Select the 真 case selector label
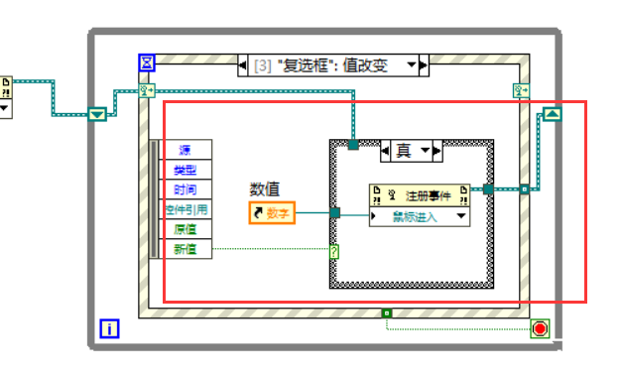point(404,151)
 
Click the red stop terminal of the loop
point(539,328)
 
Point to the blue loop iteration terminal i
point(110,328)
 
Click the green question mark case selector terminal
point(334,252)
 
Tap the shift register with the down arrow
point(96,114)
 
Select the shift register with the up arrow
point(553,114)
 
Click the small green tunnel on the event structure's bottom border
point(387,315)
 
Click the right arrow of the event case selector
point(424,65)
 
